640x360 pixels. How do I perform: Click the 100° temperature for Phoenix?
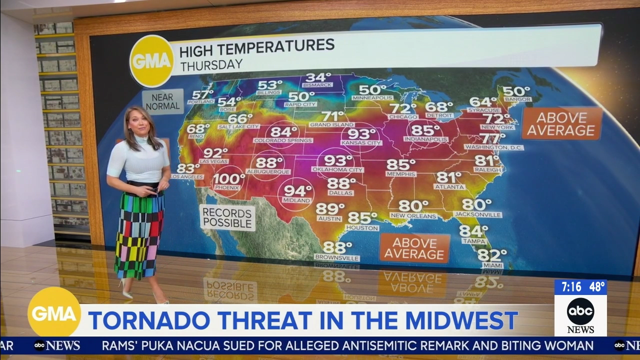coord(229,178)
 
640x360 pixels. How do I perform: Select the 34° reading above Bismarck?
coord(318,77)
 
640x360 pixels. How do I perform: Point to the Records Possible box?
coord(227,217)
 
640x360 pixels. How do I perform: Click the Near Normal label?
coord(162,101)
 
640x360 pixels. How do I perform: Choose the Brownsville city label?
coord(336,258)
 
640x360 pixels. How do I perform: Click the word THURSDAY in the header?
coord(211,64)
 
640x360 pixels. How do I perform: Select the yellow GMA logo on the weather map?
coord(151,61)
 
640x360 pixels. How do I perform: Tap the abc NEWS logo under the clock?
coord(580,315)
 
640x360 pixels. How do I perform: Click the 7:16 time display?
coord(571,287)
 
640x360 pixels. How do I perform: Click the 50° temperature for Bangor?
coord(516,91)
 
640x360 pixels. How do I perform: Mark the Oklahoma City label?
coord(337,169)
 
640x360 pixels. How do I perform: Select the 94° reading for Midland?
coord(298,191)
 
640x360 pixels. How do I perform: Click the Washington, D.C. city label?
coord(493,147)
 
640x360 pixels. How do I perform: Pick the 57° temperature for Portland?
coord(202,94)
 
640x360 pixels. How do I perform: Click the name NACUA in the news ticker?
coord(187,345)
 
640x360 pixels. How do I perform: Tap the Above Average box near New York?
coord(561,124)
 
